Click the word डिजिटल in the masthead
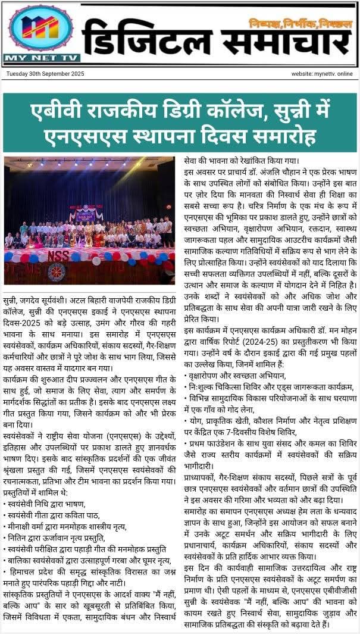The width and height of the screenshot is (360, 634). click(x=140, y=41)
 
